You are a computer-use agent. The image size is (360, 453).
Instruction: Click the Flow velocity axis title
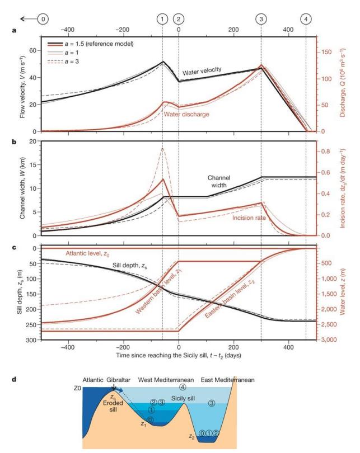21,81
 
